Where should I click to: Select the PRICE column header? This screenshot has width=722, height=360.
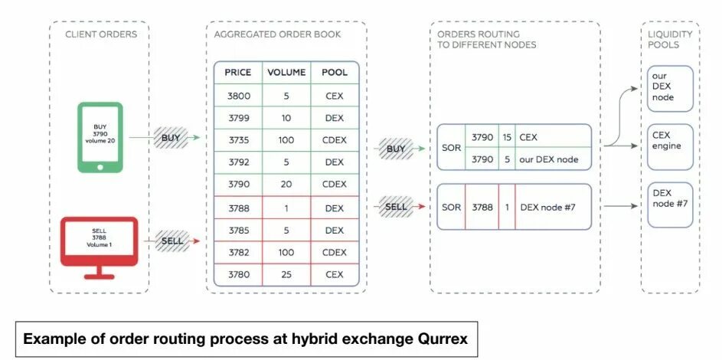[238, 73]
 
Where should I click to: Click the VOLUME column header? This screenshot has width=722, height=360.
[286, 73]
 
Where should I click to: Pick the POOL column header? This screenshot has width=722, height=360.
[335, 73]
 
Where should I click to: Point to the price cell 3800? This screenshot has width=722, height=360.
[238, 96]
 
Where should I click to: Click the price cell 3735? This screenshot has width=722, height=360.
[238, 141]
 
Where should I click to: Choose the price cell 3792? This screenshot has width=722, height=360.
[238, 163]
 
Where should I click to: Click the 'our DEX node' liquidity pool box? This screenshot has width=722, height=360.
[670, 87]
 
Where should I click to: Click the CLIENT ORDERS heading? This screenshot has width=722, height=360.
[100, 34]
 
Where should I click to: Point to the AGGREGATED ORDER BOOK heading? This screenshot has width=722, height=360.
[277, 34]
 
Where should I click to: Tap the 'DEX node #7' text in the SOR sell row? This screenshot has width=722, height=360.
[547, 207]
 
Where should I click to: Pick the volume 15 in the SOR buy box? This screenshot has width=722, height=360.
[507, 136]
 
